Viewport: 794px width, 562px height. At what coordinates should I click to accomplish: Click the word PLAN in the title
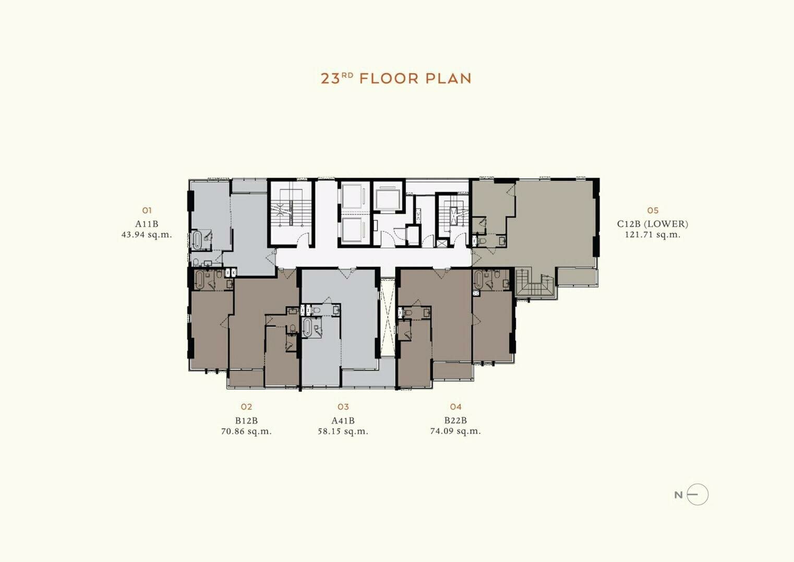(449, 78)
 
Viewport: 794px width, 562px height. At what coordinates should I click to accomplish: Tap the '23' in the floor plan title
(330, 78)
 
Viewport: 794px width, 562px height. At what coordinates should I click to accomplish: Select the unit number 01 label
(147, 210)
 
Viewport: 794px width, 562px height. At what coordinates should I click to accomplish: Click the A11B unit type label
(147, 224)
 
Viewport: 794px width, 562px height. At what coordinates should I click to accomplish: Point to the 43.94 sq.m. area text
(147, 235)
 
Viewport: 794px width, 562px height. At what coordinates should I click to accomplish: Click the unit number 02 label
(246, 406)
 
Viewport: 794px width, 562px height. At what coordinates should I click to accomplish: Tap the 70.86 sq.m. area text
(246, 431)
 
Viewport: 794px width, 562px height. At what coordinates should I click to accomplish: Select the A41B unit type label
(343, 421)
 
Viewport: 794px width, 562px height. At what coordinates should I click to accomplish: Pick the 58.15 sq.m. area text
(343, 431)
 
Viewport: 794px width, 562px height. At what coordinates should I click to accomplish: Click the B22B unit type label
(455, 420)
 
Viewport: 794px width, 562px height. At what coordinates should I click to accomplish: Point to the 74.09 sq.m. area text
(455, 431)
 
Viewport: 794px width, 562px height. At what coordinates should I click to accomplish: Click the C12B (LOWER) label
(653, 224)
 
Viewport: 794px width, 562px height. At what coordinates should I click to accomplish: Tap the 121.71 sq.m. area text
(653, 235)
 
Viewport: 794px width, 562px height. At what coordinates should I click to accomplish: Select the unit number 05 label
(653, 210)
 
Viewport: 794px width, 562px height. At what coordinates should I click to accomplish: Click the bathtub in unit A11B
(196, 240)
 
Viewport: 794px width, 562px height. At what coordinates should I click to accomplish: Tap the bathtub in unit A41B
(307, 327)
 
